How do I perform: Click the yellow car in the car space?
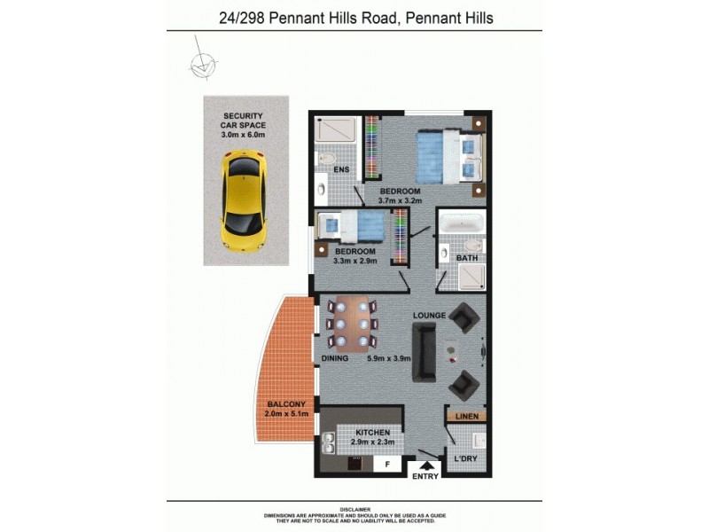(x=242, y=200)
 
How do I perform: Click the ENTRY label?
(x=425, y=477)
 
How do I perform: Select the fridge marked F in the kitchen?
(x=386, y=463)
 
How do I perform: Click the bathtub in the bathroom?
(x=462, y=225)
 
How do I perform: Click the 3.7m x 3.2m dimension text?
(x=400, y=202)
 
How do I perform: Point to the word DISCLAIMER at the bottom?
(x=354, y=510)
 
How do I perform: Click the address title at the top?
(x=355, y=17)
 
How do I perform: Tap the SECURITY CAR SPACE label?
(x=244, y=121)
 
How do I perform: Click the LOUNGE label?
(x=430, y=316)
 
